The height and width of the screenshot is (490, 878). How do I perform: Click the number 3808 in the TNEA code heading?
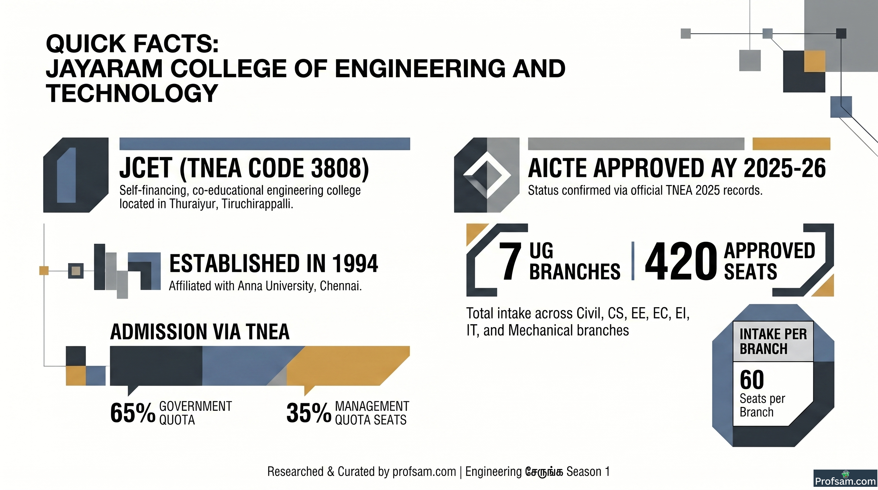point(336,168)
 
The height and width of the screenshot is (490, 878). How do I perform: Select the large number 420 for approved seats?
point(681,261)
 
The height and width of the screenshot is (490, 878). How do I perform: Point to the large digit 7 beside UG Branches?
point(510,261)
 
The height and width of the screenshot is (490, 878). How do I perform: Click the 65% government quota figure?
point(133,413)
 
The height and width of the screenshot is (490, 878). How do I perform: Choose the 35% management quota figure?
point(309,413)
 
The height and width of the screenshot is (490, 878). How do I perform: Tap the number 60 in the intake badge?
point(752,380)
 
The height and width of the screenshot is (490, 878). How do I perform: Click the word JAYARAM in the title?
point(104,69)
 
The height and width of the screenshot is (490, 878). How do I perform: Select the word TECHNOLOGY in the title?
point(132,93)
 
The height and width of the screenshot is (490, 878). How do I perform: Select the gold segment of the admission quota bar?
point(348,366)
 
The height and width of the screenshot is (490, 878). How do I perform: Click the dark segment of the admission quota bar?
point(156,366)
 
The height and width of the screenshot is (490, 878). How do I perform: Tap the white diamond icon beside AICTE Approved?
point(487,175)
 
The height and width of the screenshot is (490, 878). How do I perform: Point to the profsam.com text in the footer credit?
point(424,471)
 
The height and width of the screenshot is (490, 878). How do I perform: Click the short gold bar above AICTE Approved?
point(791,144)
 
